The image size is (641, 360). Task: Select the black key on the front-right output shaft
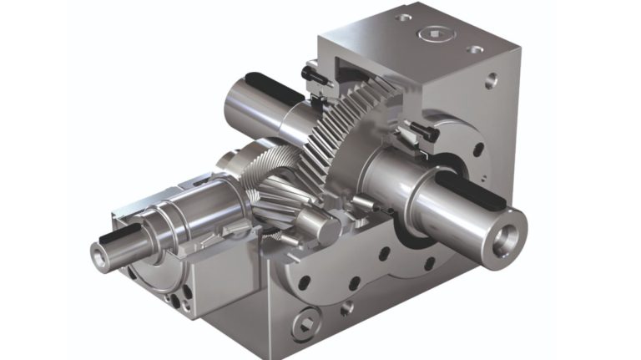click(x=468, y=188)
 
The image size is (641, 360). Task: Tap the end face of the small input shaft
click(x=99, y=257)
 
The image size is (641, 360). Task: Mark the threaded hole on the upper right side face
click(x=491, y=81)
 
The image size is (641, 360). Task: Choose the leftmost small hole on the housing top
click(x=404, y=17)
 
